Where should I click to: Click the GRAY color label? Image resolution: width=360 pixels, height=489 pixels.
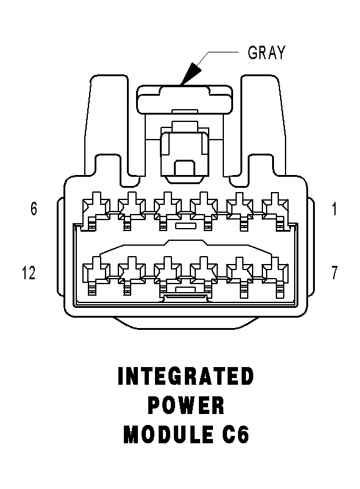click(x=267, y=52)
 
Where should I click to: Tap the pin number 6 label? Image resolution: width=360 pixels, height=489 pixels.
click(x=34, y=209)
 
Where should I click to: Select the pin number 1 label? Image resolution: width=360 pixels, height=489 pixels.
click(x=334, y=209)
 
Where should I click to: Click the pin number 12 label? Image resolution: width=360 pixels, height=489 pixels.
click(x=29, y=273)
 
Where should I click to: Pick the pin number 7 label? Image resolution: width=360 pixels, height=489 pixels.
click(x=334, y=273)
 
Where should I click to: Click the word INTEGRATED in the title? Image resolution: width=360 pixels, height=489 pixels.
click(x=186, y=376)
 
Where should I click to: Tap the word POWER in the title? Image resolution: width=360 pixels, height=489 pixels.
click(x=186, y=405)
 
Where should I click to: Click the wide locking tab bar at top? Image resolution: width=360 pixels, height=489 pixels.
click(x=185, y=99)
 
